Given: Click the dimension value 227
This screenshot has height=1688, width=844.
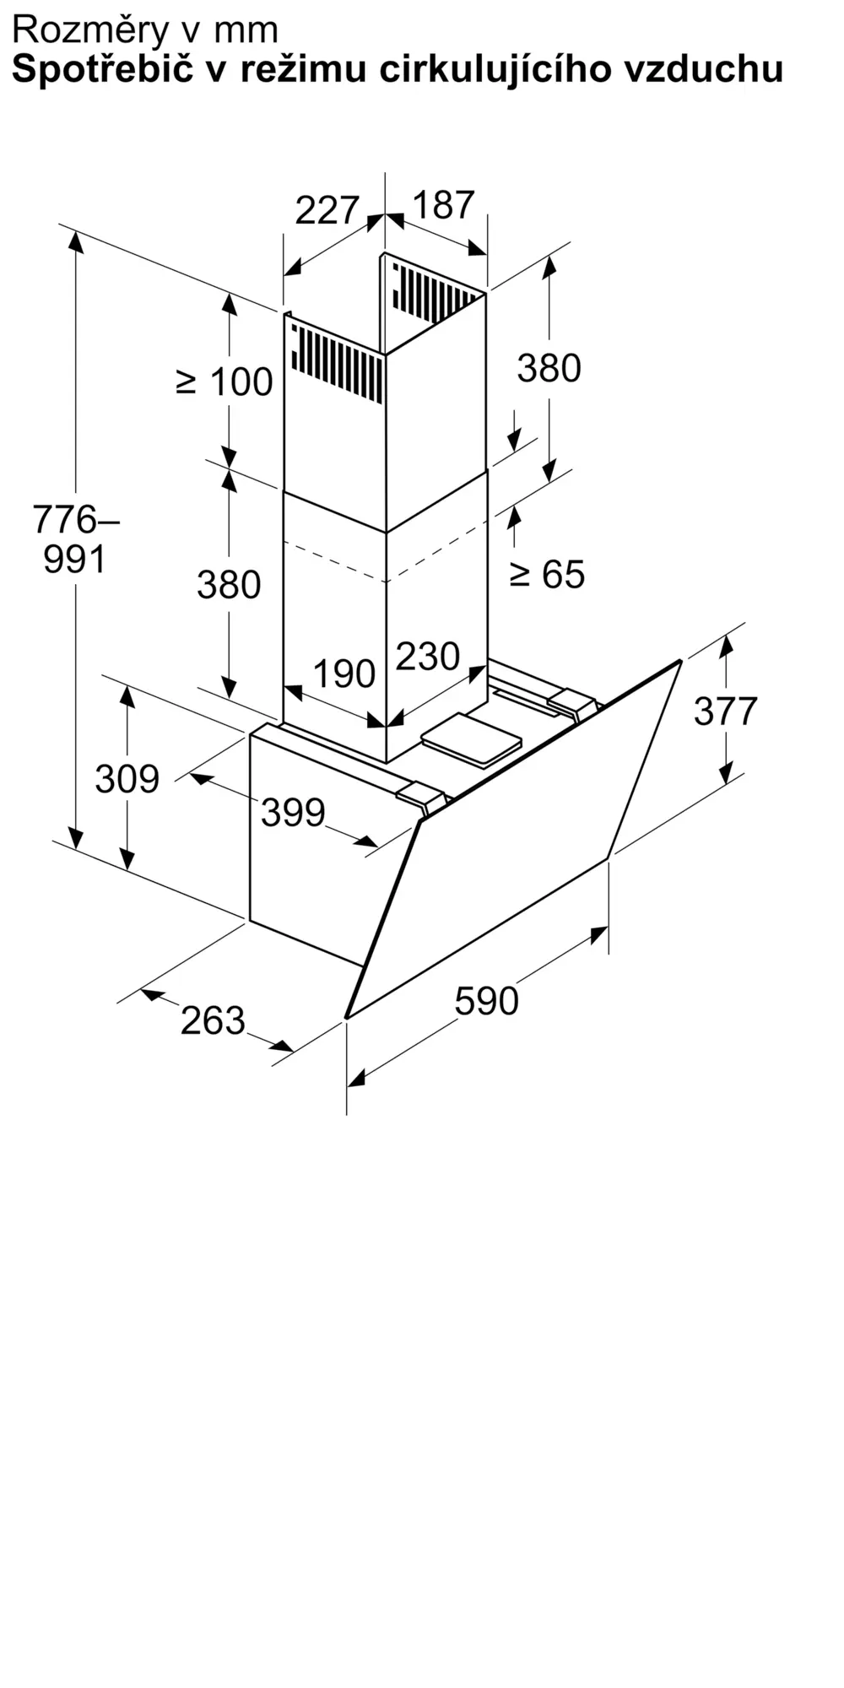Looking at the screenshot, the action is pyautogui.click(x=327, y=210).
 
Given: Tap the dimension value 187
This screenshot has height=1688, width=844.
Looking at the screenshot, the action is pyautogui.click(x=444, y=205).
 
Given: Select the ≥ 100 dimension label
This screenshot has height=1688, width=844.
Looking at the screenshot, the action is pyautogui.click(x=225, y=382).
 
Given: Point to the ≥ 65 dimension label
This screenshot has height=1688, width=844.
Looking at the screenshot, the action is pyautogui.click(x=547, y=575).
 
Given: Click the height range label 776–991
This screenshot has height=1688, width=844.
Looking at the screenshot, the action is pyautogui.click(x=76, y=539).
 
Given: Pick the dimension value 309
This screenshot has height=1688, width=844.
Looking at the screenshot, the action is pyautogui.click(x=127, y=778).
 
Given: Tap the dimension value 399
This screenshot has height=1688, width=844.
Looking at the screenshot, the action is pyautogui.click(x=293, y=813).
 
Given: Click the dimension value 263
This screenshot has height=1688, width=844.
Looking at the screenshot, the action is pyautogui.click(x=213, y=1020).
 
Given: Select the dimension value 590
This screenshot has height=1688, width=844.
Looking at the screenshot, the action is pyautogui.click(x=486, y=1001).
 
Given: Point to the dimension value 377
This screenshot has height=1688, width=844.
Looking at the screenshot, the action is pyautogui.click(x=726, y=711).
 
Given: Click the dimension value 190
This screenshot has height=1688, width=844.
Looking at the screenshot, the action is pyautogui.click(x=344, y=674).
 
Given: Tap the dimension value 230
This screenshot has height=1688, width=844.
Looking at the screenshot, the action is pyautogui.click(x=428, y=657).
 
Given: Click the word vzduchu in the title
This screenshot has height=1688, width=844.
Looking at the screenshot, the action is pyautogui.click(x=703, y=70).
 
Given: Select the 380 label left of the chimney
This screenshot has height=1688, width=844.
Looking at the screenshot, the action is pyautogui.click(x=229, y=585).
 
